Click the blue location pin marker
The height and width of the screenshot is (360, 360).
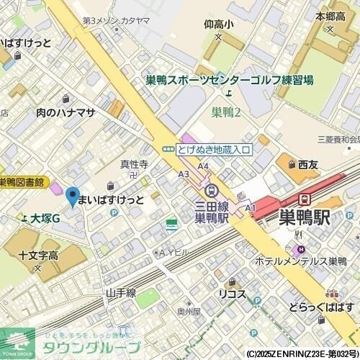[72, 195]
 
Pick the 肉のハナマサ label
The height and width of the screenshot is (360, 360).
[65, 112]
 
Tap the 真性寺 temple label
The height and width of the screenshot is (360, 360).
[133, 165]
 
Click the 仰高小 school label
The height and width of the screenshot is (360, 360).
[219, 24]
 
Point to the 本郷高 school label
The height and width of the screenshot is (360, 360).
[330, 15]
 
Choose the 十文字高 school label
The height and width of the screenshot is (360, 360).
[39, 255]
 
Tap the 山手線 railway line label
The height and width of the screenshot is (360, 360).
[120, 293]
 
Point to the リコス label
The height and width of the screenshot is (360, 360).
[233, 294]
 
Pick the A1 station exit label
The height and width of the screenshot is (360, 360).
[251, 208]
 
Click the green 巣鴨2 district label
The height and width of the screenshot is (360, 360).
[226, 112]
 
